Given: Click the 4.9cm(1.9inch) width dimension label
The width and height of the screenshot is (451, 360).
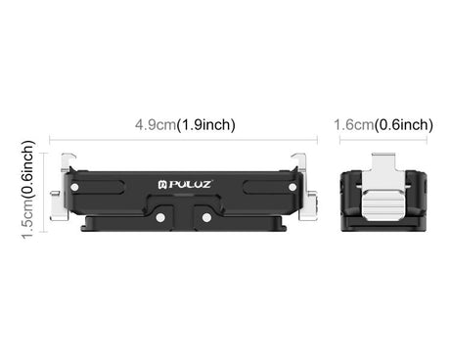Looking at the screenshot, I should click(185, 124).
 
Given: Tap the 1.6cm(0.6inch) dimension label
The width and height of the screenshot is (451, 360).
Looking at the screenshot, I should click(383, 124).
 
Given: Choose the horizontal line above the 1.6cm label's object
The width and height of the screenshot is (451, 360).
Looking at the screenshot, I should click(383, 140).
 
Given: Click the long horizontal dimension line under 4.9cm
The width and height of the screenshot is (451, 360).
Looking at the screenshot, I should click(184, 140).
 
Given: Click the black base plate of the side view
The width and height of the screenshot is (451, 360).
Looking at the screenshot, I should click(383, 221).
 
